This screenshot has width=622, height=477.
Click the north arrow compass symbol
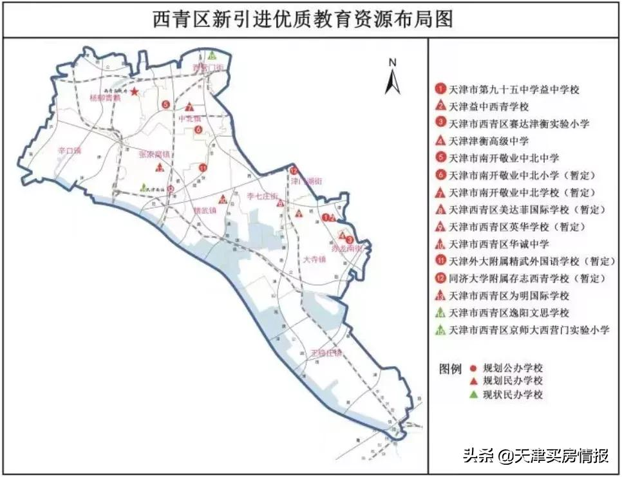(x=392, y=77)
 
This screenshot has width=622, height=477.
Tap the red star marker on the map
(x=134, y=92)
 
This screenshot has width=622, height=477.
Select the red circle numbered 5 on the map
(x=165, y=104)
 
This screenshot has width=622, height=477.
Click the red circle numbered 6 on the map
(x=198, y=129)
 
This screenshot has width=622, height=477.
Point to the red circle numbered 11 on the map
(x=202, y=168)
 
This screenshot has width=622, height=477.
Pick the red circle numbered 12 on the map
(x=294, y=171)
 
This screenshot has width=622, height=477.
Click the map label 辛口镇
(x=69, y=151)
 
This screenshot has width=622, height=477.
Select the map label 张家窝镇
(x=155, y=154)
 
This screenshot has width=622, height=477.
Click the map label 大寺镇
(x=315, y=259)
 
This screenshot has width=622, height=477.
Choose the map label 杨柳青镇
(x=106, y=100)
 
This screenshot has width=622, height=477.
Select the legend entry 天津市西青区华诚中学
(x=499, y=244)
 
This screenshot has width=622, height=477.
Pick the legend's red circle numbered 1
(x=440, y=89)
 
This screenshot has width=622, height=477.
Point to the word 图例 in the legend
(x=450, y=369)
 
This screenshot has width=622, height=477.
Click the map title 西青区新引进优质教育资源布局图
(x=303, y=19)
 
